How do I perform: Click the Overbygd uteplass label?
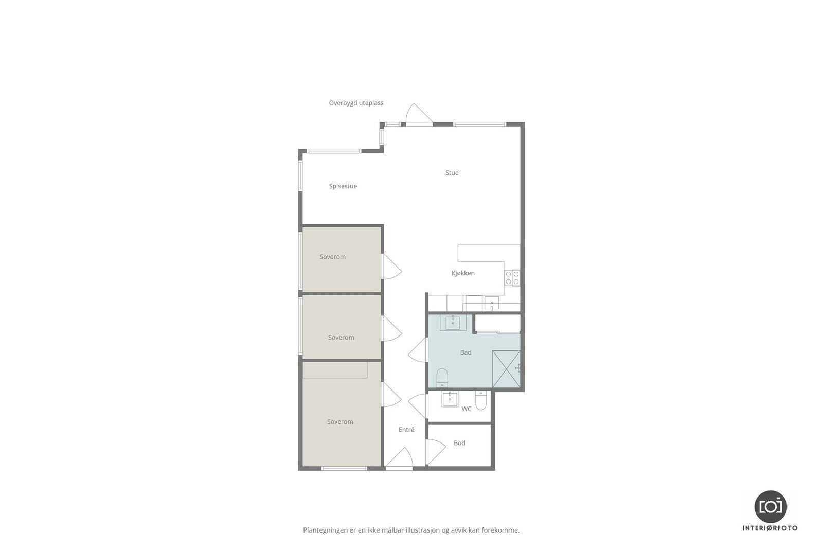tap(356, 103)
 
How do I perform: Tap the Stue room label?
tap(452, 173)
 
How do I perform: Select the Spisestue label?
tap(343, 186)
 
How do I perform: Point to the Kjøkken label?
tap(463, 273)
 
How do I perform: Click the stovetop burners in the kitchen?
tap(512, 278)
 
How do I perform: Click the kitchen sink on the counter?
tap(491, 305)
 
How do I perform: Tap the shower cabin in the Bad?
tap(506, 369)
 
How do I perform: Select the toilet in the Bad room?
tap(442, 378)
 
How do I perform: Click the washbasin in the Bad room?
tap(453, 323)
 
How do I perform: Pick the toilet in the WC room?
tap(481, 400)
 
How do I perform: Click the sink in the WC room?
tap(450, 399)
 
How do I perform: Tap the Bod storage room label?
tap(459, 443)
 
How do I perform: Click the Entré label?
tap(406, 430)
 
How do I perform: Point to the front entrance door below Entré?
tap(400, 459)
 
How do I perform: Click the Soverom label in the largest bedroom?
tap(340, 422)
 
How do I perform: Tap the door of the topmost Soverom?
tap(391, 267)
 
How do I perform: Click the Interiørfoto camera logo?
tap(770, 506)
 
